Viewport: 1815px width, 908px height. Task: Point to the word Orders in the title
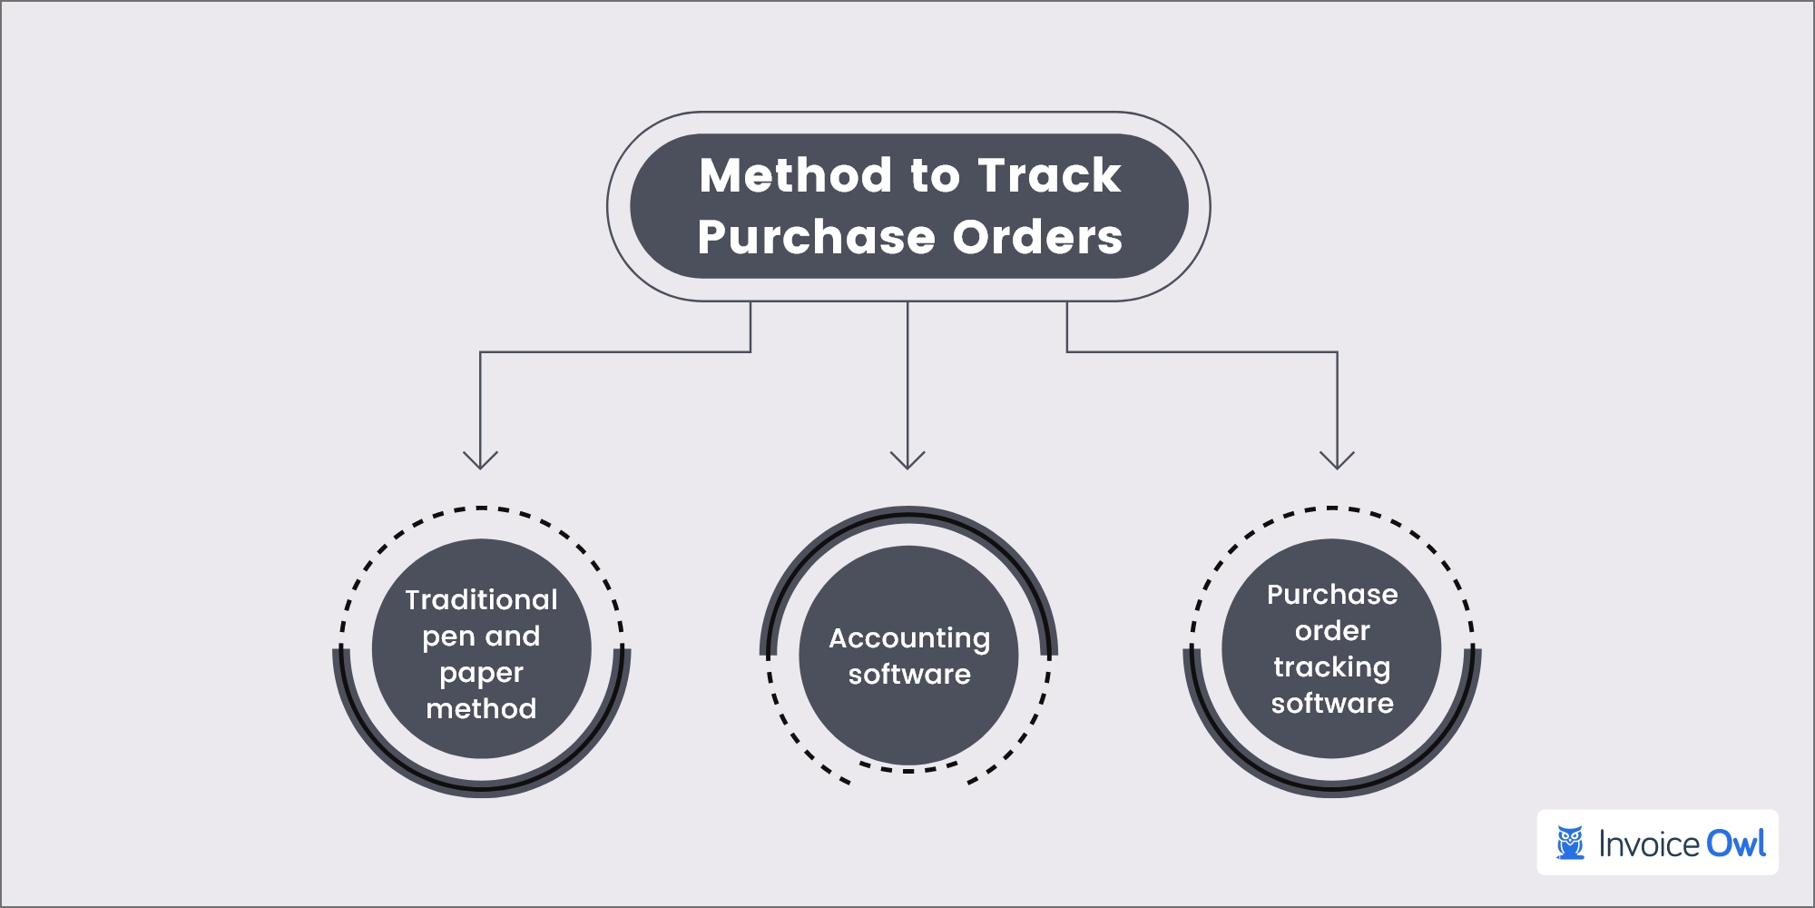click(1037, 238)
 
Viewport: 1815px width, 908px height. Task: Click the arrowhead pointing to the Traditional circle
click(480, 459)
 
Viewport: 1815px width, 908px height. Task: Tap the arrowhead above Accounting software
click(907, 459)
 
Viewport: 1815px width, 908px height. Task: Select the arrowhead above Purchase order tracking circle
click(1337, 459)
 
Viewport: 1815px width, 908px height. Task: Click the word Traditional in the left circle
click(481, 600)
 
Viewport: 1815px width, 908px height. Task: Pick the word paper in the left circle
click(481, 674)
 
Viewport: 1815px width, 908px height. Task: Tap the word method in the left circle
click(481, 708)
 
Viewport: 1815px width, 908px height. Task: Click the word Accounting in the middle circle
click(908, 639)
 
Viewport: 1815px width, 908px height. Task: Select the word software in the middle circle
click(908, 675)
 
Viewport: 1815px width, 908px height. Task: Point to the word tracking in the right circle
click(1331, 667)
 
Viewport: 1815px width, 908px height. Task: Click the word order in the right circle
click(1331, 631)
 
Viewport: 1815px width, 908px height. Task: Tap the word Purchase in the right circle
click(1331, 595)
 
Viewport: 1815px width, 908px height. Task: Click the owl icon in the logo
click(1570, 843)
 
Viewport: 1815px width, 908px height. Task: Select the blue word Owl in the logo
click(1735, 844)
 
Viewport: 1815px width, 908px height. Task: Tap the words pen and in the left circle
click(481, 637)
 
